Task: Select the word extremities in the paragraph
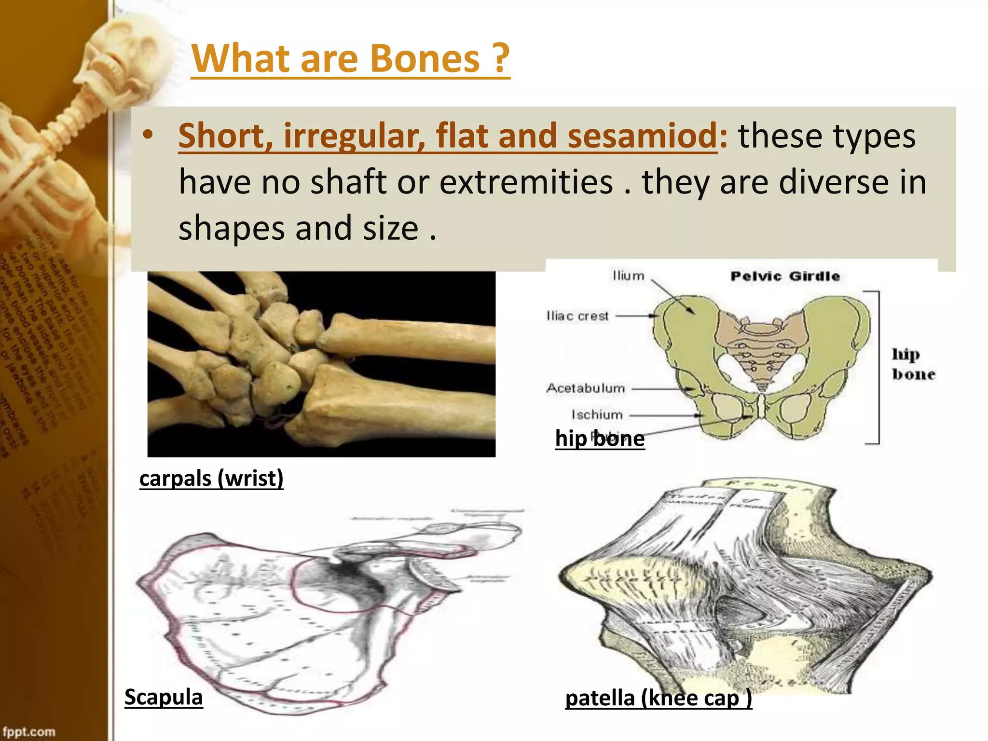point(526,182)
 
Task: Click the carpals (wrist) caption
point(211,479)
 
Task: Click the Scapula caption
point(164,697)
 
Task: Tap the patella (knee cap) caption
point(659,698)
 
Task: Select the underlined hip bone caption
point(600,439)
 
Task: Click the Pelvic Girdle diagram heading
point(785,276)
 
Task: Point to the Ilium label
point(628,276)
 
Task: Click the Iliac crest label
point(577,316)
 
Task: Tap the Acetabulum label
point(586,388)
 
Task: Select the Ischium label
point(597,415)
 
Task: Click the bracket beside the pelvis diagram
point(878,367)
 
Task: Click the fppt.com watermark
point(29,731)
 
